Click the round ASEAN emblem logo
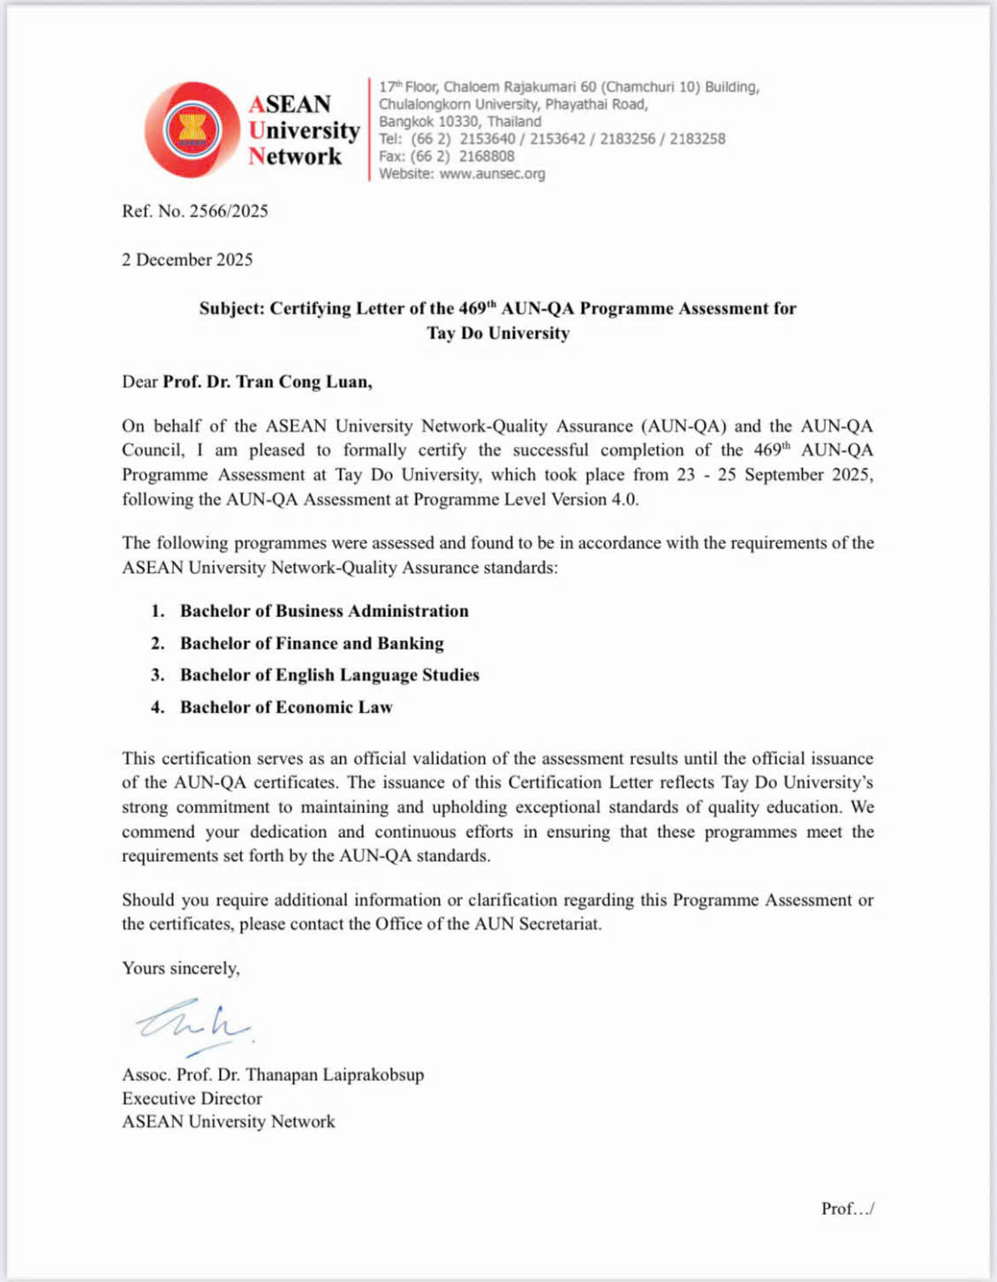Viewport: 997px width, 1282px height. point(193,131)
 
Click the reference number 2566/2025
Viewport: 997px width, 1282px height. point(228,211)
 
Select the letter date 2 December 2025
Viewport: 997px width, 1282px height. point(187,260)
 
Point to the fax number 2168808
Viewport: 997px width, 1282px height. point(486,156)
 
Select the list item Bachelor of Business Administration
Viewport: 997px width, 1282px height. point(324,611)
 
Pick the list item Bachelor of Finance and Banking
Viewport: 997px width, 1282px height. point(312,644)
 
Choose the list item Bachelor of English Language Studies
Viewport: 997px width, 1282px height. point(329,675)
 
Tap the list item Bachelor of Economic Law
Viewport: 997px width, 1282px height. point(286,707)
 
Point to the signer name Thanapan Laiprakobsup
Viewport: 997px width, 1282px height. point(335,1075)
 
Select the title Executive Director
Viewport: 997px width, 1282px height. point(192,1098)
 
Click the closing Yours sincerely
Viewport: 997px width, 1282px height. point(180,968)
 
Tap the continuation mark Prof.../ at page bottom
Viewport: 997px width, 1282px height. point(847,1209)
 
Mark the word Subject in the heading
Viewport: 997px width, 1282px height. point(230,308)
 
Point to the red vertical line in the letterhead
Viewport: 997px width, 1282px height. point(369,130)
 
